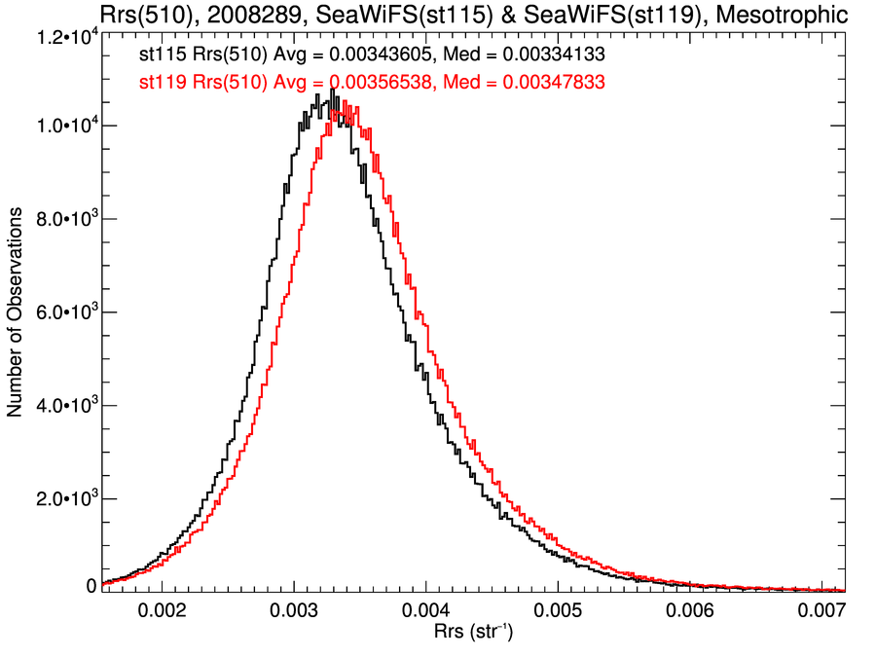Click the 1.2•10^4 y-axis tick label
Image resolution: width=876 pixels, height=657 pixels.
click(x=65, y=37)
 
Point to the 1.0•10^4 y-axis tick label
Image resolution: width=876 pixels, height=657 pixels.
click(x=65, y=127)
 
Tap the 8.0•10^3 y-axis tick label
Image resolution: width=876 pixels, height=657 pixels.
click(x=65, y=219)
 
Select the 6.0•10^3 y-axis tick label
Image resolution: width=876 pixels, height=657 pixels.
click(x=65, y=312)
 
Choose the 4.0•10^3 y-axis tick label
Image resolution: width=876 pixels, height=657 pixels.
click(x=65, y=406)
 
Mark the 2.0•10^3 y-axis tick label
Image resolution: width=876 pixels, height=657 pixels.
click(x=65, y=499)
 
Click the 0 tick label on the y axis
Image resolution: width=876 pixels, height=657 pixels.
click(x=91, y=586)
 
